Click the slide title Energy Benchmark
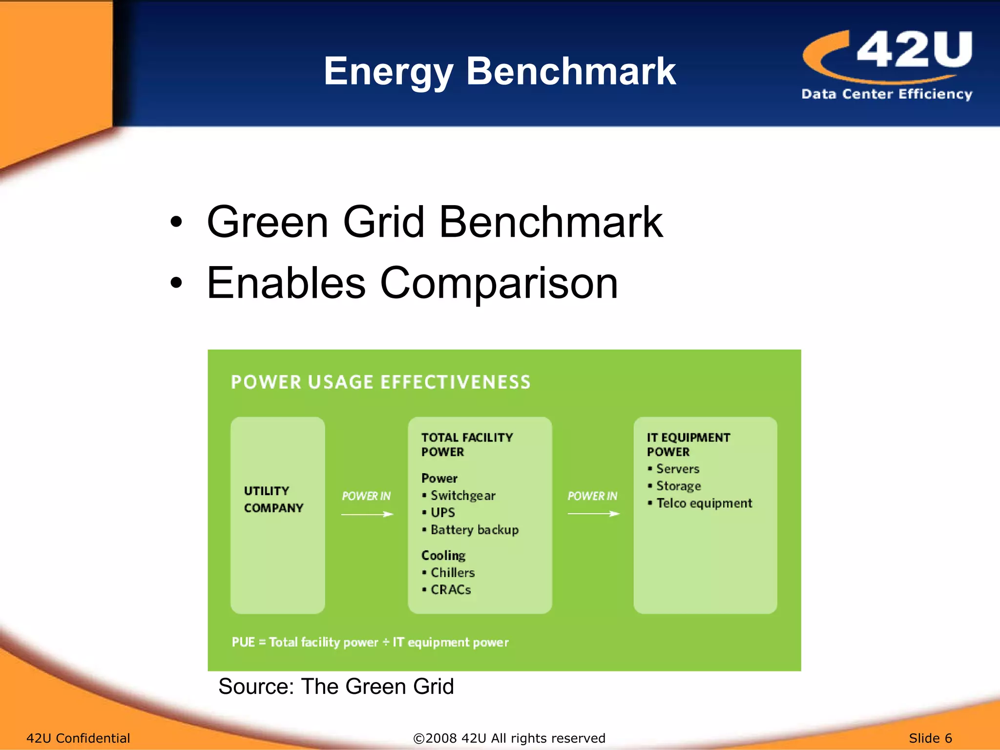coord(500,71)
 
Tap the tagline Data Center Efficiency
coord(887,94)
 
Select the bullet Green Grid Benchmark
coord(434,222)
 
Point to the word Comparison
coord(499,283)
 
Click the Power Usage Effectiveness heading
coord(380,382)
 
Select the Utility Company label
coord(273,499)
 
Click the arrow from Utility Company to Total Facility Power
coord(367,514)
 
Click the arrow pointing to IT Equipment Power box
coord(593,514)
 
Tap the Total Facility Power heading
coord(467,444)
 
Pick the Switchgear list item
coord(462,496)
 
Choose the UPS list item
coord(442,513)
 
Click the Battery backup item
coord(474,530)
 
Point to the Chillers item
coord(452,572)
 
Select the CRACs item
coord(450,590)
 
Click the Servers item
coord(677,469)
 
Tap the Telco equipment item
coord(704,503)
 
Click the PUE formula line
coord(370,642)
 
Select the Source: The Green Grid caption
coord(336,687)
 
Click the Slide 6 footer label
coord(930,738)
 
